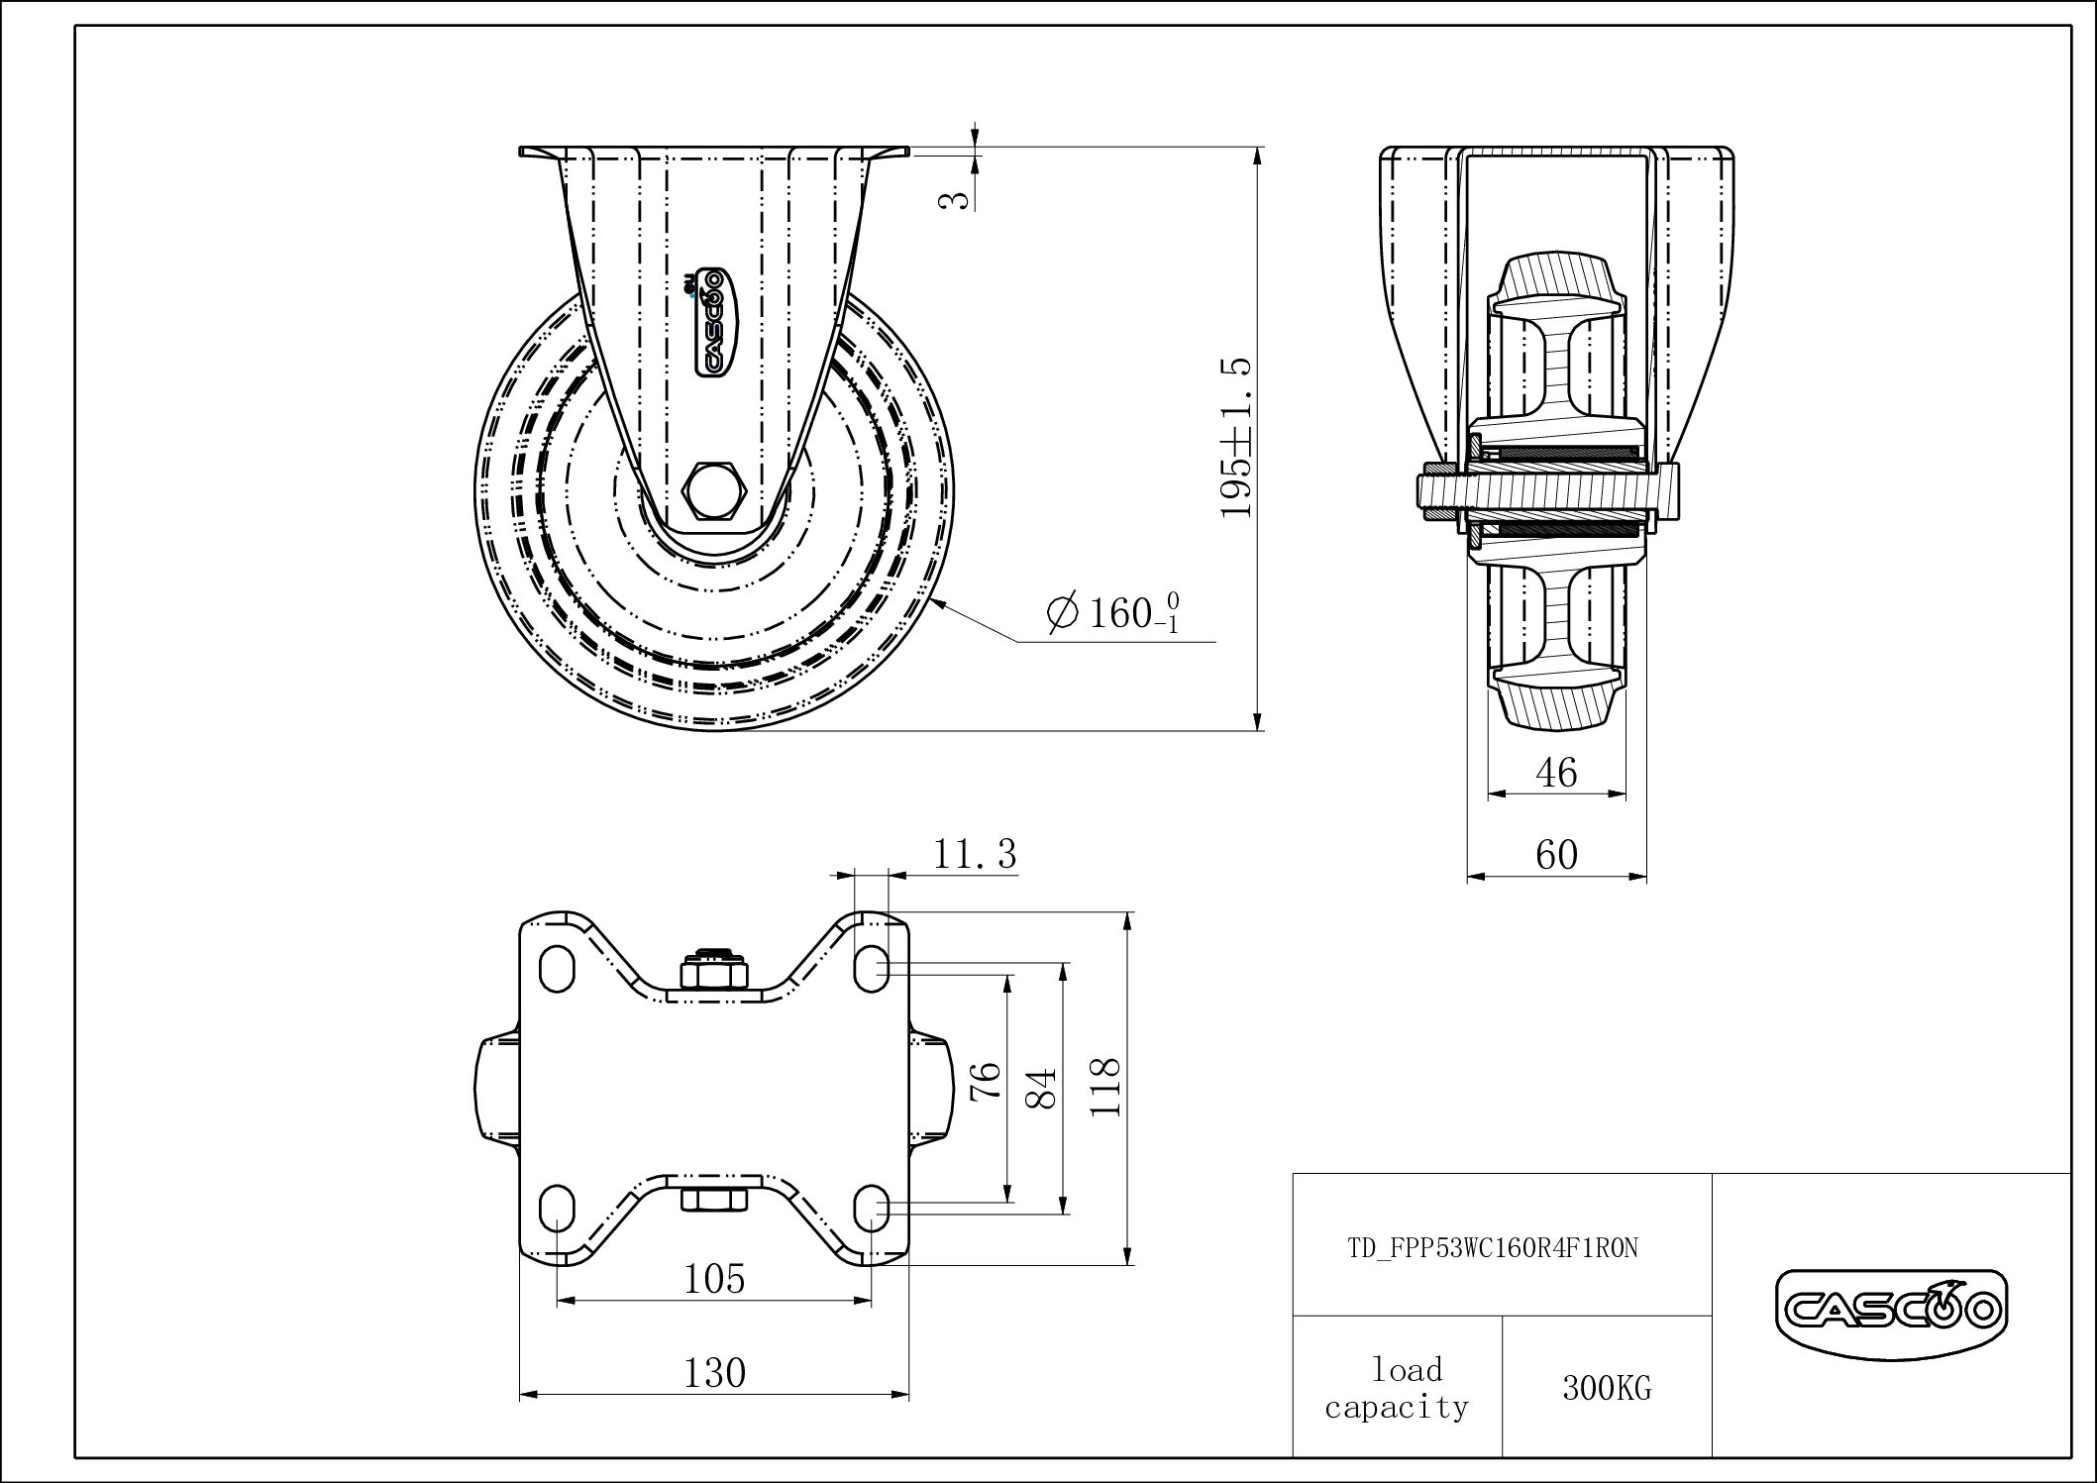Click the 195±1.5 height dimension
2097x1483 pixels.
[x=1238, y=438]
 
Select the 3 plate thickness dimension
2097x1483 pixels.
[x=953, y=200]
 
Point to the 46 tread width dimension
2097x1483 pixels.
[x=1556, y=772]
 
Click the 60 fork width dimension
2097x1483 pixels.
[x=1556, y=854]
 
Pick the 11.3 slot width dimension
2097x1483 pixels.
[x=975, y=854]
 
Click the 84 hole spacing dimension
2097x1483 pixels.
[x=1044, y=1087]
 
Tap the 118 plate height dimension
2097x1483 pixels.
[x=1103, y=1087]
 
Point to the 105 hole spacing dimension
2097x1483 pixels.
[x=714, y=1279]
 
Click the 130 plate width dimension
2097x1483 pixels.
[x=714, y=1373]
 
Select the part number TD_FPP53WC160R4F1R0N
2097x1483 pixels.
[x=1493, y=1249]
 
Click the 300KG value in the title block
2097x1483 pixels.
[x=1607, y=1389]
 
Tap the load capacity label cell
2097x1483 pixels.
[x=1398, y=1387]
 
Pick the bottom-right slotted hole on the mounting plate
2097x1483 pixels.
[x=872, y=1206]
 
